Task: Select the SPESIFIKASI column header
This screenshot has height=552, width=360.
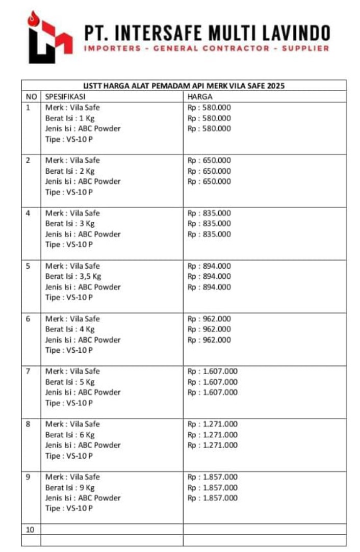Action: click(65, 96)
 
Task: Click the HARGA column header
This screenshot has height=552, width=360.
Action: click(200, 96)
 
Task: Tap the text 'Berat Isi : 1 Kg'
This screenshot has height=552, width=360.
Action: click(70, 118)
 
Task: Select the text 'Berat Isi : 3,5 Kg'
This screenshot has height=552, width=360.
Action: click(73, 276)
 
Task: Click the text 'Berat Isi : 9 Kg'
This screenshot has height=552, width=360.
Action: click(70, 487)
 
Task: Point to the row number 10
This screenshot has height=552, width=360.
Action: click(30, 530)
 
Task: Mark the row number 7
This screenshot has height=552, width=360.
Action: click(28, 371)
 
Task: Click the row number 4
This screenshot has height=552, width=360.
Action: click(28, 213)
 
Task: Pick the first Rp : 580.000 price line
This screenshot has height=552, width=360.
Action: click(209, 108)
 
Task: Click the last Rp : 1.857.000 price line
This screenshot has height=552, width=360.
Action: click(213, 498)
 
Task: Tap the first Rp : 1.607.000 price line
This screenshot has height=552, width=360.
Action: click(213, 371)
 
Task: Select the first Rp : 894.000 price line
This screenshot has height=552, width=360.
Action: click(209, 266)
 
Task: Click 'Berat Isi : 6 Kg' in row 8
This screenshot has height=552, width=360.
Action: click(70, 435)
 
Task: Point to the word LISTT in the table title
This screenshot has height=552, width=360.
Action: click(92, 86)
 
